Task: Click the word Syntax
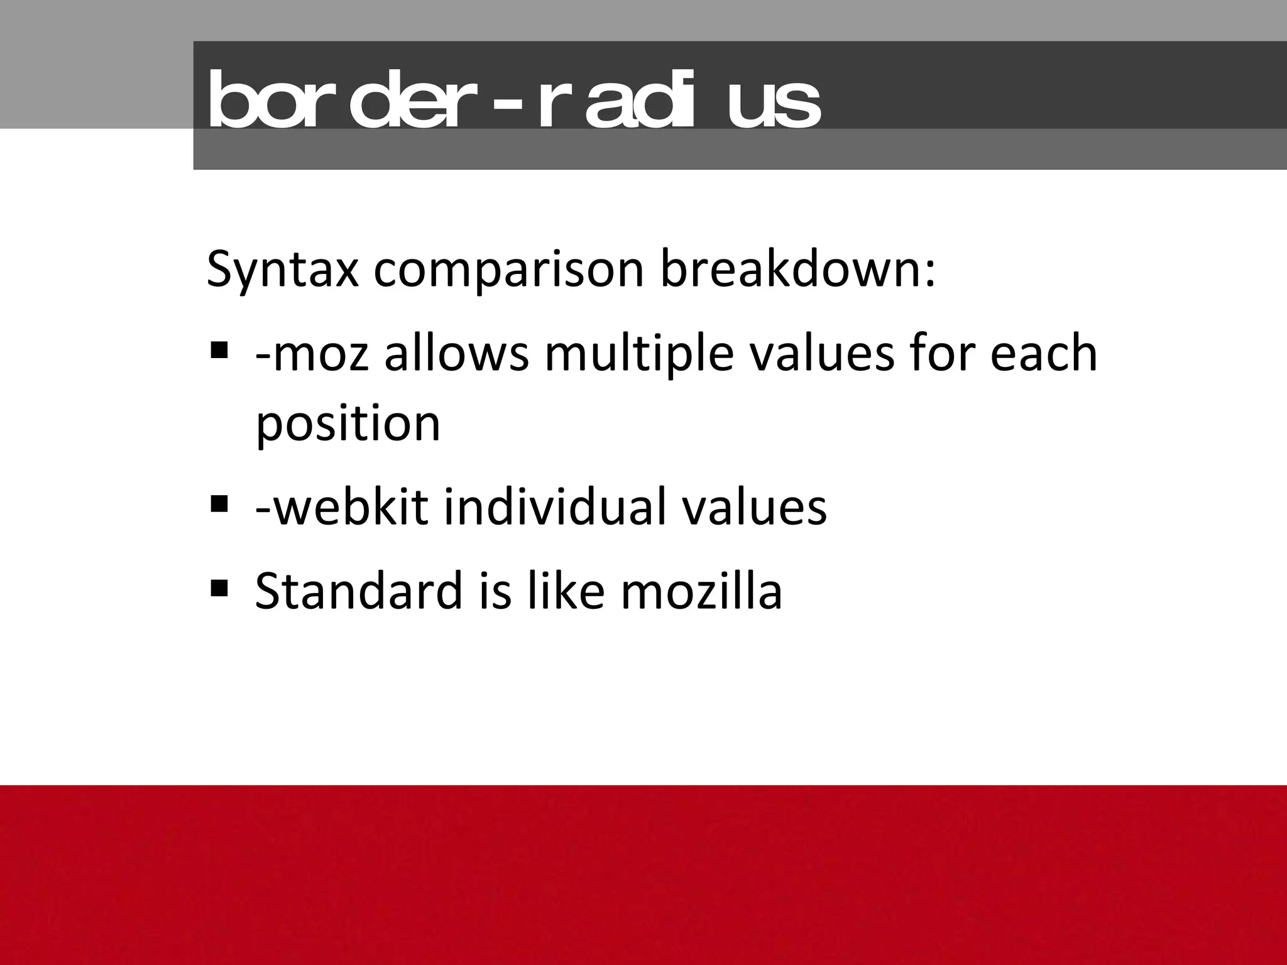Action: point(283,270)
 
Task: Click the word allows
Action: point(457,353)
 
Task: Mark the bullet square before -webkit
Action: point(219,503)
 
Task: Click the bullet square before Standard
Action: point(219,588)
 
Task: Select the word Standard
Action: point(358,591)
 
